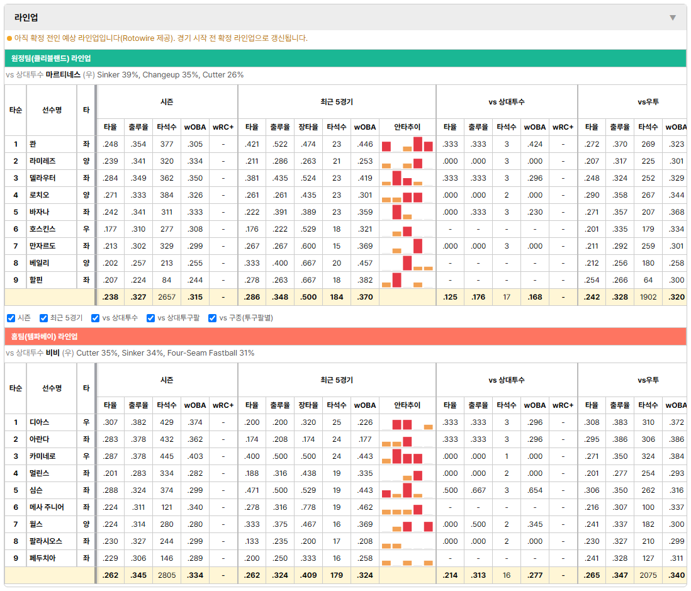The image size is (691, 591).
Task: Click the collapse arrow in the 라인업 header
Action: [x=673, y=18]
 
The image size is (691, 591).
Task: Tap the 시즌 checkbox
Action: [x=11, y=318]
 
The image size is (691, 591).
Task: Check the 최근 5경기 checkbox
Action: [x=43, y=318]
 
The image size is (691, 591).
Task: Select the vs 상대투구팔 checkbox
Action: [x=150, y=318]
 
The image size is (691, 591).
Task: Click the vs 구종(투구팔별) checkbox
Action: [x=213, y=318]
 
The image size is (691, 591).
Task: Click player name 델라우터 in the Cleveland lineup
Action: [x=42, y=178]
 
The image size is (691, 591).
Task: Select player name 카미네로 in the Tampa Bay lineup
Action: [x=42, y=456]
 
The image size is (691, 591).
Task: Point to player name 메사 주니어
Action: [x=47, y=507]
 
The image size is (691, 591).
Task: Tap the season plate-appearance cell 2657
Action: [x=167, y=297]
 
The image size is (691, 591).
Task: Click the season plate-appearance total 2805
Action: [x=167, y=575]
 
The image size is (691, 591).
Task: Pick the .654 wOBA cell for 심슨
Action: [x=534, y=490]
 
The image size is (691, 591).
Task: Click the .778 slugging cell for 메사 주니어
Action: [x=308, y=507]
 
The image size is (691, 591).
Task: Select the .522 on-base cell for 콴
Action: [x=280, y=144]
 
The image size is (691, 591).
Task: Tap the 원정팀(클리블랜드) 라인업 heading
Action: [x=51, y=58]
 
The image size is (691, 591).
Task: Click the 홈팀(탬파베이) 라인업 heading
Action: [x=44, y=336]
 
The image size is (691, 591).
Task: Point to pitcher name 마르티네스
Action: [x=63, y=74]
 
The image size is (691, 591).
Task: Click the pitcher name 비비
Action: [x=52, y=352]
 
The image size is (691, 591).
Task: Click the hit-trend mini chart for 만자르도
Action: [x=407, y=246]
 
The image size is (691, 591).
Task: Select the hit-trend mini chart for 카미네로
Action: [x=407, y=456]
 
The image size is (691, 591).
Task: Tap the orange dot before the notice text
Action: [x=9, y=38]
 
